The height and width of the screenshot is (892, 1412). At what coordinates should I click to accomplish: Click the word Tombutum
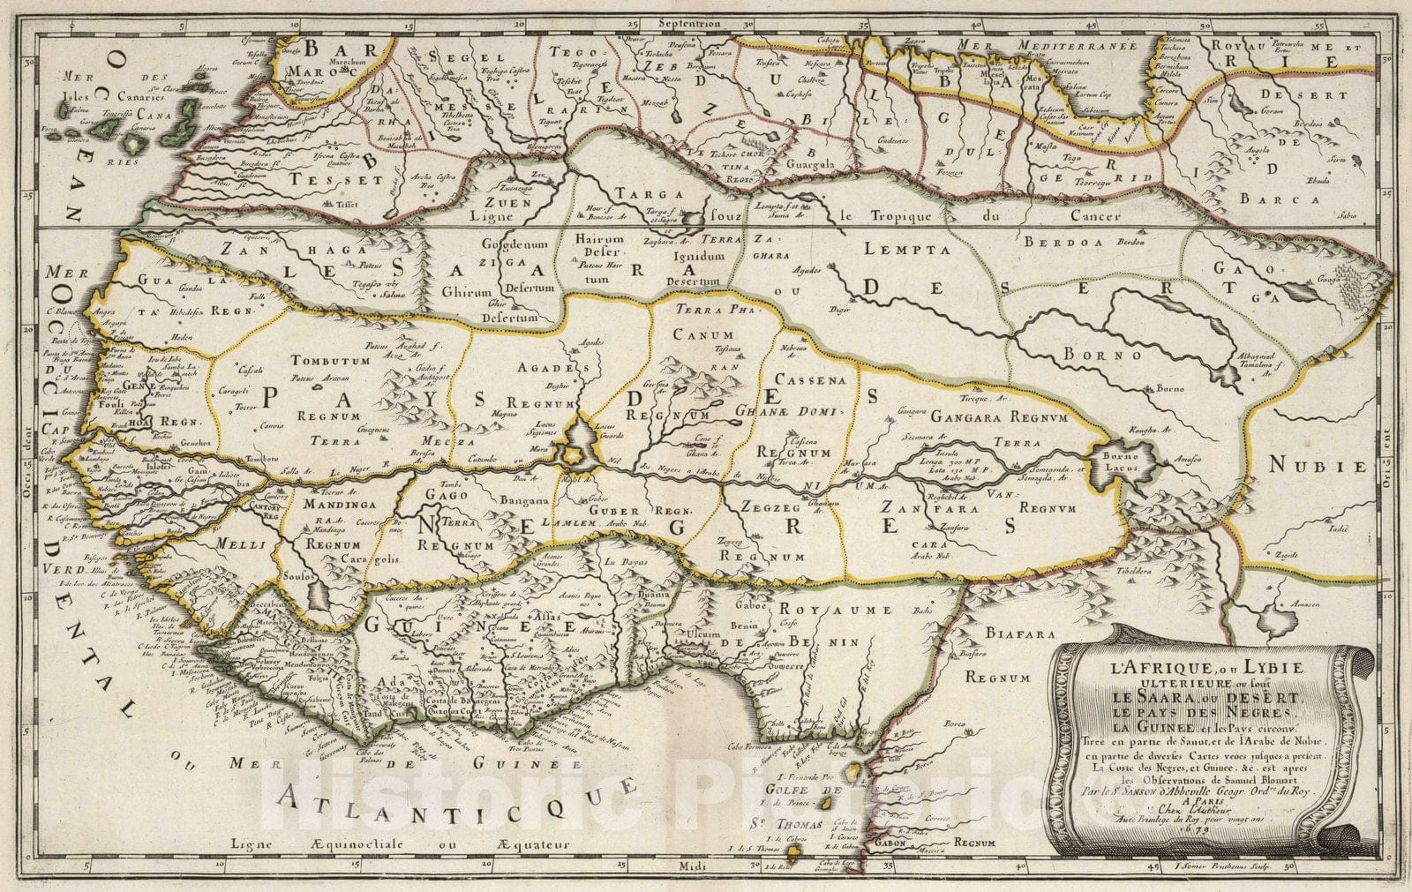[x=328, y=361]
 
